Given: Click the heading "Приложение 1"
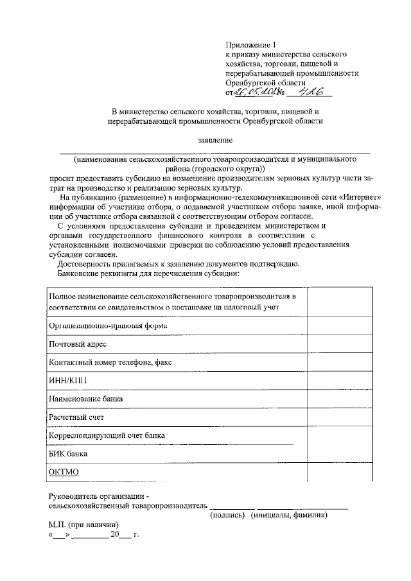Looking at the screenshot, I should [x=250, y=45].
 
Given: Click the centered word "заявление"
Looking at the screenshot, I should [x=215, y=139].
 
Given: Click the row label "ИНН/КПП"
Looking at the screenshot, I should [x=68, y=380].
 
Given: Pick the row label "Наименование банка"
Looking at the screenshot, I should [x=86, y=399].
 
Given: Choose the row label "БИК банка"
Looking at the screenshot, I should [x=68, y=453].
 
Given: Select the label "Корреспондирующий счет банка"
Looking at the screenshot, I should [x=107, y=435].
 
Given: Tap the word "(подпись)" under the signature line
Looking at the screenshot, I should [x=229, y=514].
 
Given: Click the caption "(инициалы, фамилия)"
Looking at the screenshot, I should [x=290, y=514].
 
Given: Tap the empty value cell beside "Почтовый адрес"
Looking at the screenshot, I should [x=338, y=344].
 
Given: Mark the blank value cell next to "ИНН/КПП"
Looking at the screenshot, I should [x=338, y=380].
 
